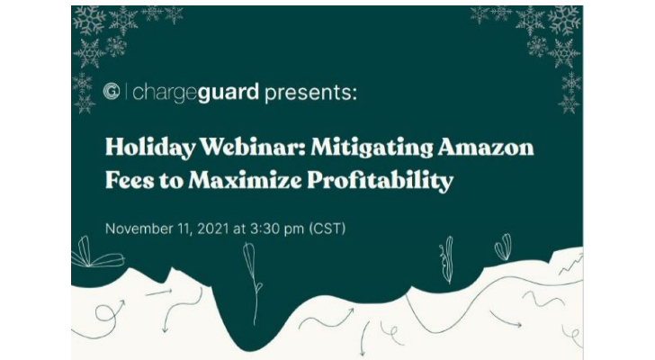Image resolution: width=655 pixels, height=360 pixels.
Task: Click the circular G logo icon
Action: pos(112,92)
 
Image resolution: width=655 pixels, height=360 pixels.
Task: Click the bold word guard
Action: pos(229,93)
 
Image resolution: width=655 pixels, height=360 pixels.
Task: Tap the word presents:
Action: pos(310,94)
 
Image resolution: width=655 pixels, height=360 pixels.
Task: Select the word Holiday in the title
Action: pos(150,148)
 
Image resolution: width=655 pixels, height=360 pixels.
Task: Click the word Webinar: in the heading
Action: pos(252,147)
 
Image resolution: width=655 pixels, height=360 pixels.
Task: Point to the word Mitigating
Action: pos(372,148)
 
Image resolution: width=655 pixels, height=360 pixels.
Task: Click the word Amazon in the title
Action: pos(486,148)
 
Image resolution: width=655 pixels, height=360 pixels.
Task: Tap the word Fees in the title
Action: pos(130,180)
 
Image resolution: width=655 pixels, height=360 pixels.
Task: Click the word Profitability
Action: pos(380,181)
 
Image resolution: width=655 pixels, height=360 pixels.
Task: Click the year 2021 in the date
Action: pos(213,229)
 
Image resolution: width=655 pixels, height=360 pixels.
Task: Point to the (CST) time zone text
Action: pos(327,229)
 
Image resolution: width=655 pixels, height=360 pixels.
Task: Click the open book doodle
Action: pos(97,253)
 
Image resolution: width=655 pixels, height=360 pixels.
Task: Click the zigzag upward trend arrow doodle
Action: pos(571,264)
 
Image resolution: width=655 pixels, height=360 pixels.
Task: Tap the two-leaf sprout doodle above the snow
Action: pos(503,247)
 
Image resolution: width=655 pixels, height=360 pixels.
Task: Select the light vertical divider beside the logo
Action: pos(126,92)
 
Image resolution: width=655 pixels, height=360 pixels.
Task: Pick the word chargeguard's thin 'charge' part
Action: pos(165,94)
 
